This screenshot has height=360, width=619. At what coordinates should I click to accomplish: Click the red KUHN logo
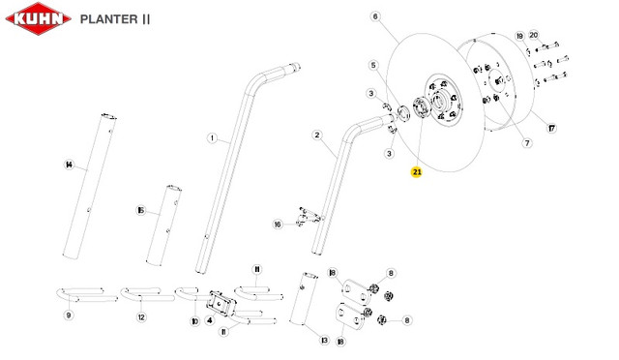click(x=39, y=18)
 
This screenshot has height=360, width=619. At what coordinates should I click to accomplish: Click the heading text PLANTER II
click(x=115, y=19)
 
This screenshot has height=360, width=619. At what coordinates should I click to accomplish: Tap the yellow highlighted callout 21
click(x=417, y=172)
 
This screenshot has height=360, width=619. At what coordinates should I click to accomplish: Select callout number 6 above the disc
click(x=375, y=16)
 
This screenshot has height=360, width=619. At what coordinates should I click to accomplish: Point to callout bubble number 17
click(x=551, y=128)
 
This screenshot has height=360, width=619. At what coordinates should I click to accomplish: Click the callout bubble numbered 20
click(x=533, y=35)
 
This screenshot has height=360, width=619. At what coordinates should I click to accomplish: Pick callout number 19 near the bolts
click(x=520, y=37)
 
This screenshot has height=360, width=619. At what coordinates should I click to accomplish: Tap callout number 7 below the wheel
click(x=527, y=142)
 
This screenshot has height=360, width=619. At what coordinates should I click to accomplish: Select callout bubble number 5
click(x=373, y=65)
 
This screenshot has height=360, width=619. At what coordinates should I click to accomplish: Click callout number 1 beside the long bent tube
click(x=213, y=138)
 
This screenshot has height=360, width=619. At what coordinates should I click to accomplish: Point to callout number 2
click(x=317, y=135)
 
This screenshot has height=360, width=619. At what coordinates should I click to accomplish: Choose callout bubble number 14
click(x=70, y=165)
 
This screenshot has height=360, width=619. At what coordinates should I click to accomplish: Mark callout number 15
click(x=141, y=210)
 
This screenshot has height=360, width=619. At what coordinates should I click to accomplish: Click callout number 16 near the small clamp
click(x=278, y=225)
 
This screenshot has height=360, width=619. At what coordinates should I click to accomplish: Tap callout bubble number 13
click(x=325, y=340)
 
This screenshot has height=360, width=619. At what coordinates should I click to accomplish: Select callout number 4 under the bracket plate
click(x=210, y=319)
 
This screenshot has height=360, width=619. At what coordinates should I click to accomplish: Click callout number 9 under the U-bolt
click(x=69, y=315)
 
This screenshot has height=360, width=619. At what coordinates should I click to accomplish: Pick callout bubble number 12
click(x=141, y=316)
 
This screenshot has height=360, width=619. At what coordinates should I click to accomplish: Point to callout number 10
click(x=195, y=321)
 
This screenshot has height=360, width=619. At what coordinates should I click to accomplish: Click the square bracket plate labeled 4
click(x=221, y=303)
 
